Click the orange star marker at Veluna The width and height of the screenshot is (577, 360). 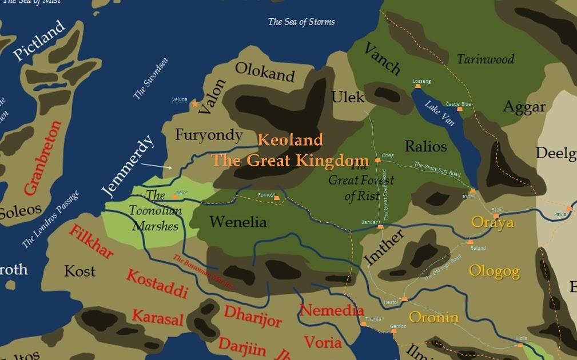tap(195, 103)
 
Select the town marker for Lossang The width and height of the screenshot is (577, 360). tap(417, 86)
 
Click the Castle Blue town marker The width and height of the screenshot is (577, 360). tap(460, 109)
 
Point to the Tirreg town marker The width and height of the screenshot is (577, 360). tap(377, 161)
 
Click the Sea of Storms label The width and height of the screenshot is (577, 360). tap(301, 22)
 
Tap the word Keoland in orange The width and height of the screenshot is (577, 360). tap(290, 139)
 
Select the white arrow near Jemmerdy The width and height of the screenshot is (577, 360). tap(157, 166)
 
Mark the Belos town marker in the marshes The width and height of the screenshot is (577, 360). tap(174, 197)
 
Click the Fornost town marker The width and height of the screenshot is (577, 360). tap(277, 198)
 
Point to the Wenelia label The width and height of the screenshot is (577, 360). tap(238, 222)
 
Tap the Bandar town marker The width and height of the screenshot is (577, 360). tap(380, 227)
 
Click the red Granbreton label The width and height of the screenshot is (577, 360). tap(42, 158)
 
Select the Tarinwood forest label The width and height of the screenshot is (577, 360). tap(485, 59)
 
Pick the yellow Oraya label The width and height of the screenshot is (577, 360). tap(492, 222)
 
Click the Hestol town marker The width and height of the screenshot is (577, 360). tap(404, 299)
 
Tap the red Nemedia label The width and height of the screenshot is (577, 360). tap(332, 310)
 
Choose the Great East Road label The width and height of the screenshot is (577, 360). tap(437, 170)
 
